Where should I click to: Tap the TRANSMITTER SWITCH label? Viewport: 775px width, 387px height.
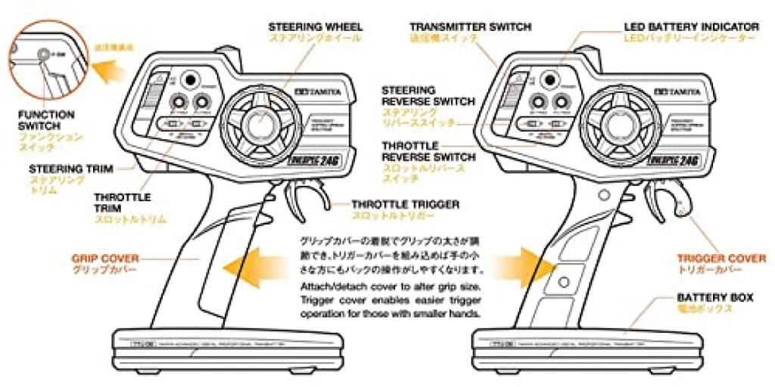[x=469, y=26]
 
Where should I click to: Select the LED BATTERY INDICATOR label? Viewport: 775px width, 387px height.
[x=692, y=26]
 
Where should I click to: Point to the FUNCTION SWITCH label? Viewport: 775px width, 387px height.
[x=46, y=120]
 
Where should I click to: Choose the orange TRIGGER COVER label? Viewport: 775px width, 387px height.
[x=721, y=259]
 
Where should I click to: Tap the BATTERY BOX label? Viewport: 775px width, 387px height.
[x=714, y=298]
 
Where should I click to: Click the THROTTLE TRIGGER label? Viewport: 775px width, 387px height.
[x=405, y=204]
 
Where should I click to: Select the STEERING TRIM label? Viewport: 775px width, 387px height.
[x=67, y=169]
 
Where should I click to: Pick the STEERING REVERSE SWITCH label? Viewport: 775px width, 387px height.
[x=428, y=95]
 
